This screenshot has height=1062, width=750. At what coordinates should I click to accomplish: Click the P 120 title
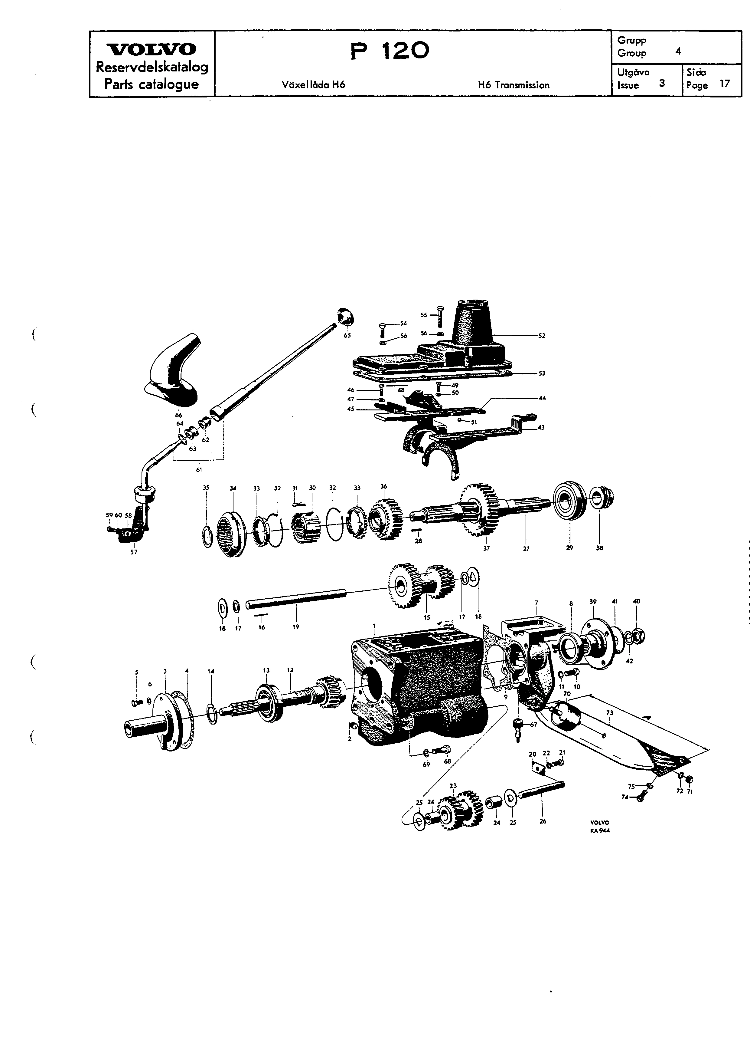point(390,51)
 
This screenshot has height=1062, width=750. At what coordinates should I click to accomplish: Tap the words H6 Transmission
point(514,85)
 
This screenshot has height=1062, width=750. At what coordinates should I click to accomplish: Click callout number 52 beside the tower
point(542,336)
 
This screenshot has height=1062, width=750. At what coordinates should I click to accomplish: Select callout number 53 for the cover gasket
point(542,373)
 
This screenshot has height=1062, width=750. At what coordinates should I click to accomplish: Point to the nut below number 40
point(637,637)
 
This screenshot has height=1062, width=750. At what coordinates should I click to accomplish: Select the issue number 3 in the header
point(662,84)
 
